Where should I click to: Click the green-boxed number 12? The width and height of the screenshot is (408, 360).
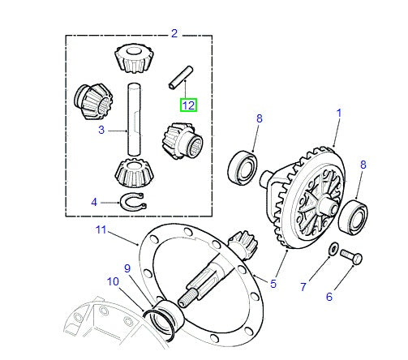click(x=188, y=105)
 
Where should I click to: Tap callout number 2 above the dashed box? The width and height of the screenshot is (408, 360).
click(x=174, y=32)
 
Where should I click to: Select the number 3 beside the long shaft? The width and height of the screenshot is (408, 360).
click(x=101, y=130)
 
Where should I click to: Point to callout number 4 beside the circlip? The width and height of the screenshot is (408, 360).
click(x=94, y=202)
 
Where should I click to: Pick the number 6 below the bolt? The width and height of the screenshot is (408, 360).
click(x=329, y=297)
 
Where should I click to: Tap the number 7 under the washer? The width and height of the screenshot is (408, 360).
click(x=303, y=287)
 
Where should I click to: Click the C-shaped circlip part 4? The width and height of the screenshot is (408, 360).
click(x=131, y=201)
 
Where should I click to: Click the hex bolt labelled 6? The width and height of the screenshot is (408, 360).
click(x=350, y=257)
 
